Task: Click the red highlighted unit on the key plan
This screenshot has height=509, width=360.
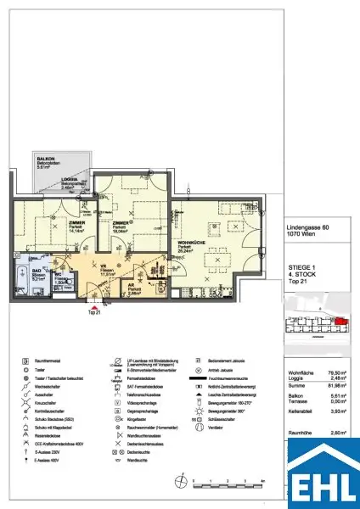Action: (x=341, y=321)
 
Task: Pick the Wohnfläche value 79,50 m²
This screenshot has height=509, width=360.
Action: (x=340, y=372)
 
